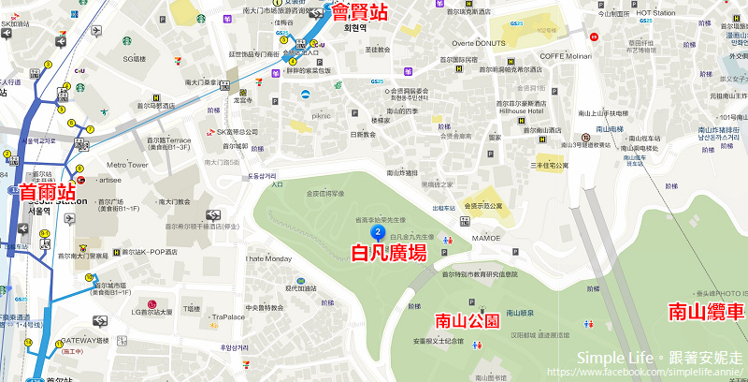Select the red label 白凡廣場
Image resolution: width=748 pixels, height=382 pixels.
click(388, 252)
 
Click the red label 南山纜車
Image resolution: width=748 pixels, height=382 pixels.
click(705, 312)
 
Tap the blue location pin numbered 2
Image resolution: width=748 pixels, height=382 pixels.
click(377, 231)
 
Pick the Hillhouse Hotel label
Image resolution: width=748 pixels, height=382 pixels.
click(522, 111)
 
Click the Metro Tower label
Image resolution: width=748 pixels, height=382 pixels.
click(126, 165)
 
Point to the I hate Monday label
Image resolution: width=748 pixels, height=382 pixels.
click(269, 258)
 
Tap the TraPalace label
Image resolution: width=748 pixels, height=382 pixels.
click(227, 316)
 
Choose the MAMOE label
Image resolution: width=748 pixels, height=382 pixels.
click(485, 239)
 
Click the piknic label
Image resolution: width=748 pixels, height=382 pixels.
click(321, 116)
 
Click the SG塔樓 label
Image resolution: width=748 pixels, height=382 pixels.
click(135, 58)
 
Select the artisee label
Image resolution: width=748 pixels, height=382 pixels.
click(108, 180)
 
